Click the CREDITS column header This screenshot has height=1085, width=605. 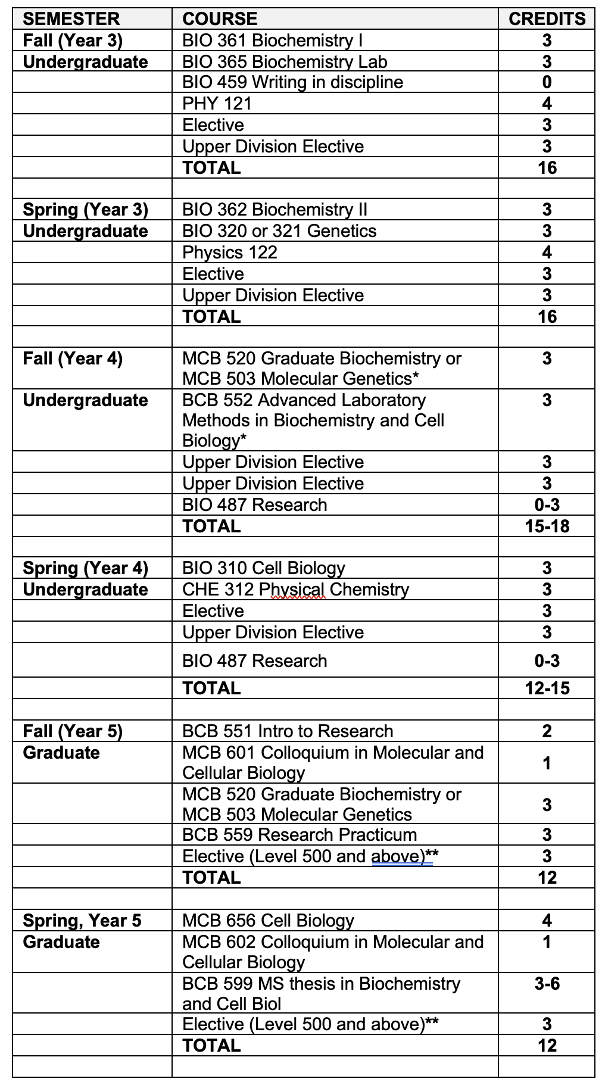pos(547,18)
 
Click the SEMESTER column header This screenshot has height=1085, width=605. pos(71,18)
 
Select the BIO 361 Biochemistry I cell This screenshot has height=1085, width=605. pos(272,40)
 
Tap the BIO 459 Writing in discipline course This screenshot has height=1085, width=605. pos(292,82)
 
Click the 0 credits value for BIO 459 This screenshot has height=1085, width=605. pos(547,82)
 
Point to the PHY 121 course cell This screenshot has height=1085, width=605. pos(217,104)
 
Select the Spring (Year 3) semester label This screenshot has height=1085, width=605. pos(85,210)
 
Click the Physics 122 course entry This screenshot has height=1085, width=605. pos(230,252)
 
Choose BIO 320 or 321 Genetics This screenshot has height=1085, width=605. pos(279,231)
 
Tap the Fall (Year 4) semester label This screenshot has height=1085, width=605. pos(73,358)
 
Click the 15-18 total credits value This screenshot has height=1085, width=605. pos(547,526)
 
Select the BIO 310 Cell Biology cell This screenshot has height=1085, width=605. pos(264,568)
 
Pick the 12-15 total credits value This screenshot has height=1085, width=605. pos(547,688)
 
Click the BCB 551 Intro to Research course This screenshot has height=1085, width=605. pos(288,731)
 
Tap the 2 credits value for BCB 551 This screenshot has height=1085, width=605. pos(547,731)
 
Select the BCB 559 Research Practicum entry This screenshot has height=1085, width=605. pos(300,835)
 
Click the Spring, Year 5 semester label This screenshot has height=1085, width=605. pos(82,921)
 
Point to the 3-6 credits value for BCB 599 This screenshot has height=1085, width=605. pos(547,984)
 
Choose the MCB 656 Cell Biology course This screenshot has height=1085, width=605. pos(268,921)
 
